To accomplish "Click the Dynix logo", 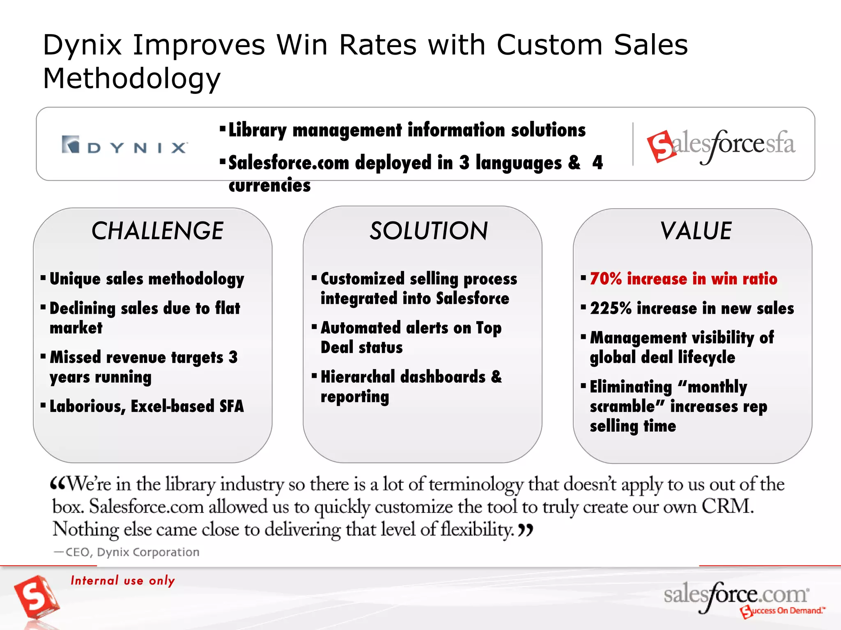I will pos(125,145).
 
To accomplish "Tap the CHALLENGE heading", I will pos(157,231).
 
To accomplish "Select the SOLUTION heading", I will pos(429,231).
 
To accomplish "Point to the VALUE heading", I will pos(696,231).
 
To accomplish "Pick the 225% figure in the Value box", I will pos(611,308).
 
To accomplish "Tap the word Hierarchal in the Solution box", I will pos(358,377).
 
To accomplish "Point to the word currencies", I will pos(270,185).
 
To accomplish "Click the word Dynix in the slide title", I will pos(83,45).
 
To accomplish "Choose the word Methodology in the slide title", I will pos(132,78).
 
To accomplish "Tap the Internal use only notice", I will pos(123,580).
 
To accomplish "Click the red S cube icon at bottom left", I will pos(36,597).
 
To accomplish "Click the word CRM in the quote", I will pos(727,507).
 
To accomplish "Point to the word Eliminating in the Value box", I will pos(631,387).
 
